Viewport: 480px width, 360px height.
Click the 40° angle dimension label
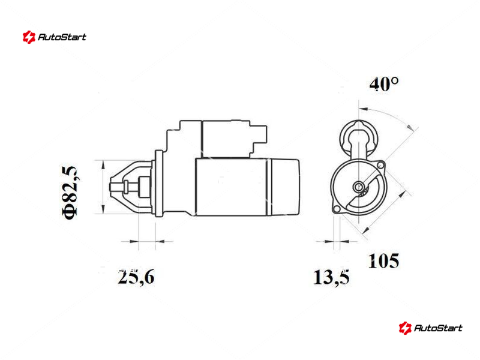pyautogui.click(x=384, y=84)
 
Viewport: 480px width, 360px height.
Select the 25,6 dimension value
pyautogui.click(x=136, y=277)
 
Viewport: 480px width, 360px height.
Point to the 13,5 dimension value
pyautogui.click(x=331, y=277)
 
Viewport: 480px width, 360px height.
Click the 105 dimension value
pyautogui.click(x=383, y=261)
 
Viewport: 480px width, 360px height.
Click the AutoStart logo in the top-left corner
pyautogui.click(x=54, y=37)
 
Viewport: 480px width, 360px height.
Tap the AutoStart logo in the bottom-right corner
pyautogui.click(x=430, y=328)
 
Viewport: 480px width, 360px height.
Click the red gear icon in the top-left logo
pyautogui.click(x=29, y=37)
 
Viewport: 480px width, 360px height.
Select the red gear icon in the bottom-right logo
pyautogui.click(x=404, y=328)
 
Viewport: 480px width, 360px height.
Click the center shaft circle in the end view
pyautogui.click(x=358, y=187)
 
